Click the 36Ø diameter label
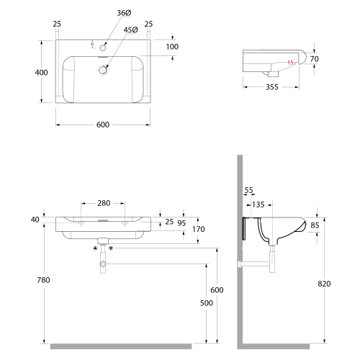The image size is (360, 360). (x=124, y=13)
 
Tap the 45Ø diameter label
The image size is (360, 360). (x=131, y=30)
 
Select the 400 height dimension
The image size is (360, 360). (x=41, y=72)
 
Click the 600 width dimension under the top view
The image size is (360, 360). (x=103, y=125)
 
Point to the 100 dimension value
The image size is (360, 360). (x=172, y=47)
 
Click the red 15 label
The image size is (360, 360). (x=290, y=63)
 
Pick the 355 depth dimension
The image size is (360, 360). (x=272, y=87)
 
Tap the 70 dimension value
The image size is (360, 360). (x=315, y=59)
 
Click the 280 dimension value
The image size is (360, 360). (x=104, y=203)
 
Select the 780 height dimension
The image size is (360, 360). (x=43, y=280)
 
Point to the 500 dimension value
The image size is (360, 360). (x=207, y=303)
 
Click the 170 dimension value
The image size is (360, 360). (x=199, y=229)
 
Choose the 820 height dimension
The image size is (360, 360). (x=324, y=284)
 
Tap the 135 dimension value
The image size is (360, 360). (x=258, y=204)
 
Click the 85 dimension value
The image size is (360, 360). (x=315, y=225)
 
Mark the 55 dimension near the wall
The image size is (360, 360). (x=249, y=190)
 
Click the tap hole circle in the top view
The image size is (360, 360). (x=103, y=48)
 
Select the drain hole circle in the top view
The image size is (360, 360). (x=103, y=70)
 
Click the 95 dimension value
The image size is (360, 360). (x=181, y=223)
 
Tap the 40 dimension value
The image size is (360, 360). (x=35, y=220)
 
